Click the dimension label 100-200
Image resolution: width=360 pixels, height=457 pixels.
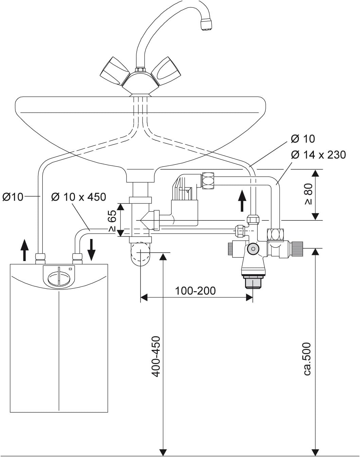195,291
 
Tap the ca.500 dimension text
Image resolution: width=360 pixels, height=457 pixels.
307,359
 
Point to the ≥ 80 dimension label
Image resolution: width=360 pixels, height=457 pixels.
308,194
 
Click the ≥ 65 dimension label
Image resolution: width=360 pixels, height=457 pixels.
112,220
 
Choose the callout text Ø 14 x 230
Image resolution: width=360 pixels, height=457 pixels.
318,155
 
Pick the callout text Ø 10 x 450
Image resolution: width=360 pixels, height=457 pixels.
78,197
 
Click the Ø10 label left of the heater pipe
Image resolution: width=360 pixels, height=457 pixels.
13,197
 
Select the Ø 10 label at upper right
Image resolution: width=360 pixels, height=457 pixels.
303,139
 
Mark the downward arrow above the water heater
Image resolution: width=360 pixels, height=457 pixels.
91,250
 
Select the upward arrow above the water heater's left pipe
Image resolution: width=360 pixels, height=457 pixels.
24,250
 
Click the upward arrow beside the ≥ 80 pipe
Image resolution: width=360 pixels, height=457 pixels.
242,201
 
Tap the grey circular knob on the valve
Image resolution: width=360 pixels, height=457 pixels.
252,249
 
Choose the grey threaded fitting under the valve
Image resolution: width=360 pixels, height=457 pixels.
253,282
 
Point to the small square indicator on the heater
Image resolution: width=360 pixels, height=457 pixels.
70,269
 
